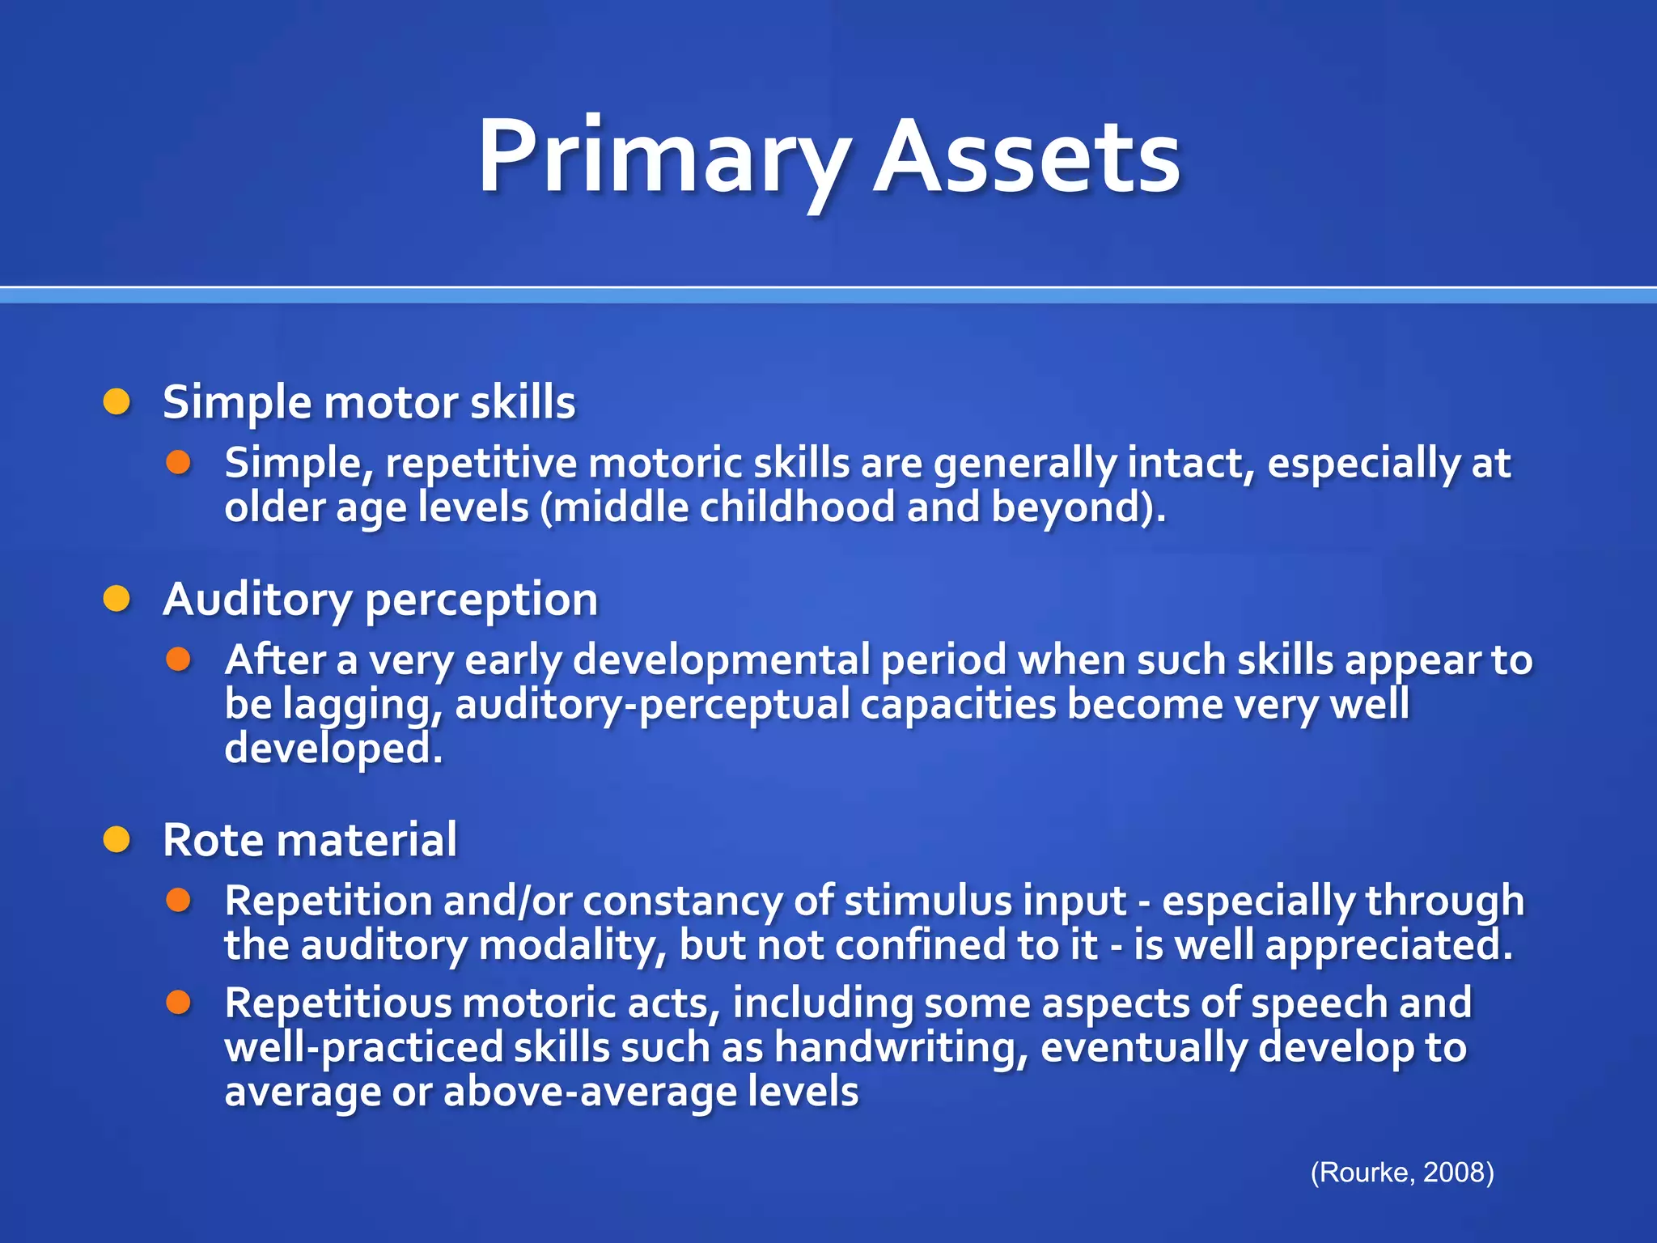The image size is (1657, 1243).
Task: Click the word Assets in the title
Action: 1026,158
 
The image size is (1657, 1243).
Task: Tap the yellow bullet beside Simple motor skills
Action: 117,401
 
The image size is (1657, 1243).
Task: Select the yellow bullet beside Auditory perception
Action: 117,599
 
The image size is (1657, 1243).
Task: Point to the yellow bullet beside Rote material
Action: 117,840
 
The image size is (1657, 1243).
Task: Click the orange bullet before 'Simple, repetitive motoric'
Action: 178,463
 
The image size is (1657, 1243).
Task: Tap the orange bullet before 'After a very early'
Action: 178,660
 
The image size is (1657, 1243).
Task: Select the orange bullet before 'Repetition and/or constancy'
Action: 178,900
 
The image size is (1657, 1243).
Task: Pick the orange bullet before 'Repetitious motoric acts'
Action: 178,1003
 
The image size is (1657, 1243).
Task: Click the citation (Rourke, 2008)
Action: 1401,1172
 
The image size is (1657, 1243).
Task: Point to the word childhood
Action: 797,508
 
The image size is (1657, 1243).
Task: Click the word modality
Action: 572,945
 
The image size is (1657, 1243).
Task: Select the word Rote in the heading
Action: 213,840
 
